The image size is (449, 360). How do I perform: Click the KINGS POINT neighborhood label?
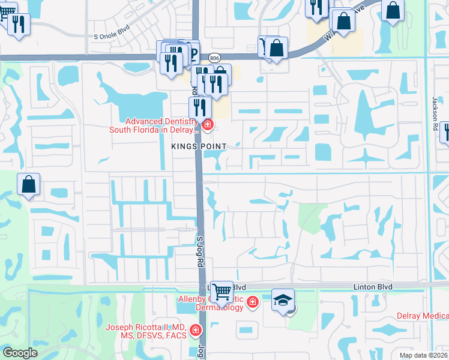click(199, 146)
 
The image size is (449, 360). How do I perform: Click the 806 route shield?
click(214, 58)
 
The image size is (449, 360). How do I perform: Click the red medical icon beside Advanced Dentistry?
click(208, 125)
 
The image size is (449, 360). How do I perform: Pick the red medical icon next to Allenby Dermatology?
click(252, 301)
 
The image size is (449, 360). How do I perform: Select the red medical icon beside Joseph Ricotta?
click(195, 330)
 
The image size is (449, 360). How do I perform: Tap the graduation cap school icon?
click(283, 299)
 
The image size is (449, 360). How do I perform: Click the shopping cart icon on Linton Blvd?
click(222, 292)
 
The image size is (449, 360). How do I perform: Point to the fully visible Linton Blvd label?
click(372, 287)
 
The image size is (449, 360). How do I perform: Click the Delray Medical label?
click(423, 316)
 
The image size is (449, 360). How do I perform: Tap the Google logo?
click(20, 353)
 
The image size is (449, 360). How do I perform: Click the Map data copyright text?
click(423, 355)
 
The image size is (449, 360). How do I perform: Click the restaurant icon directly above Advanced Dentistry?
click(200, 107)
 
